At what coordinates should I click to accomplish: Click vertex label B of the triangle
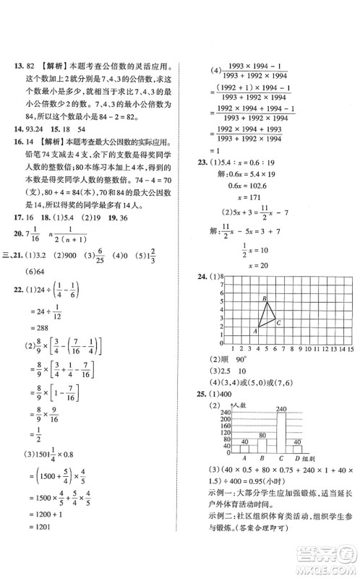pyautogui.click(x=265, y=298)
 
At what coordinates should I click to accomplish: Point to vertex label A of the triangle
pyautogui.click(x=254, y=332)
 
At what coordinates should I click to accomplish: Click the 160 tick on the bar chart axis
pyautogui.click(x=226, y=425)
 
